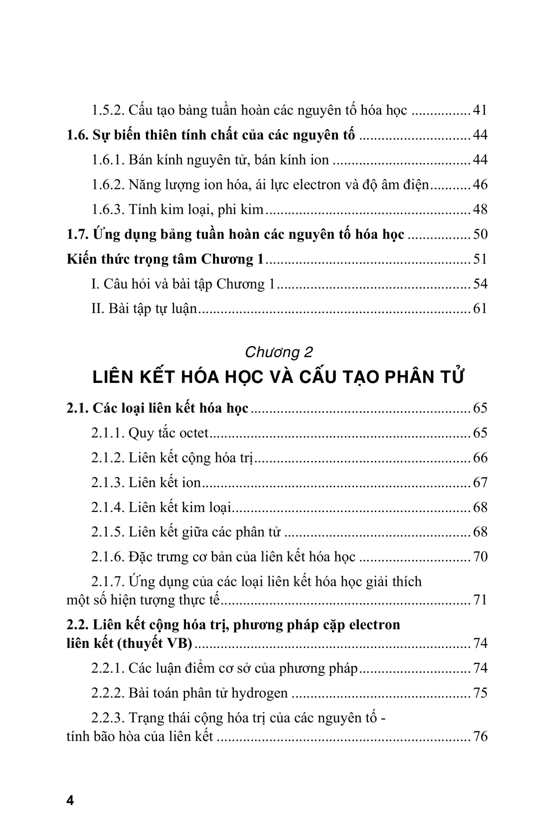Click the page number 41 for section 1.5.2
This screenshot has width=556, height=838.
click(480, 111)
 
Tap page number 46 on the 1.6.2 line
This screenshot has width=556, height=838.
click(480, 185)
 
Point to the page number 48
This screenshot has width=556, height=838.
click(480, 210)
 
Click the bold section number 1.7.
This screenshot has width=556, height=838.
click(77, 235)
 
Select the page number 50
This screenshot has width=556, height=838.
click(480, 235)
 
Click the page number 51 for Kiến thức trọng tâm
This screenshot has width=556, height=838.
click(480, 260)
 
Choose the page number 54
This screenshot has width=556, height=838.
click(480, 284)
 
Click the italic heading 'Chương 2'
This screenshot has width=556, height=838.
click(279, 352)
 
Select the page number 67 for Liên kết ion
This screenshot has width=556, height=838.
click(480, 483)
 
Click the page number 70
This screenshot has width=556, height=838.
click(480, 557)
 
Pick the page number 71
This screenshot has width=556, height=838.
click(480, 600)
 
